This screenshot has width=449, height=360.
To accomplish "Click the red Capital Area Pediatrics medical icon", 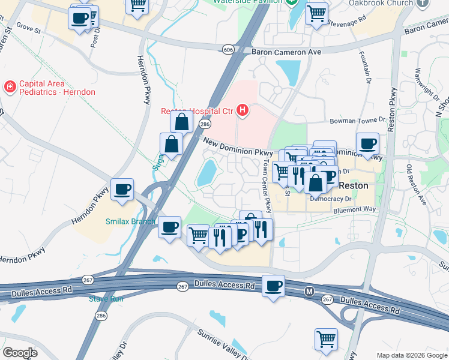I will (x=10, y=87).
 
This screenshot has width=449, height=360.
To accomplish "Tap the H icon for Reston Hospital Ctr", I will (x=243, y=110).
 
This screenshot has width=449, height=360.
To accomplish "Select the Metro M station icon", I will (x=309, y=292).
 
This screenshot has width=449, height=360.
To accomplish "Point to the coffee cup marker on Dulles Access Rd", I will (x=274, y=285).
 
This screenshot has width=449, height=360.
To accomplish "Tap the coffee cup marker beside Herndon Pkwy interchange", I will (x=123, y=189).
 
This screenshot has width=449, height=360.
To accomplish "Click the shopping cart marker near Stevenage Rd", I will (x=316, y=13).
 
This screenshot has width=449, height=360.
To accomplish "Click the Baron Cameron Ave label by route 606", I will (x=286, y=52).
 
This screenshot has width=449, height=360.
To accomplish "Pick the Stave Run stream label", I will (x=106, y=298).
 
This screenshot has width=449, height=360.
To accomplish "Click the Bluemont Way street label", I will (x=355, y=209).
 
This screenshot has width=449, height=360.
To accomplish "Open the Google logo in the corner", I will (x=20, y=352).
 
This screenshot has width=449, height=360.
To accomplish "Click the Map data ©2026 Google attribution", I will (x=412, y=355).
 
